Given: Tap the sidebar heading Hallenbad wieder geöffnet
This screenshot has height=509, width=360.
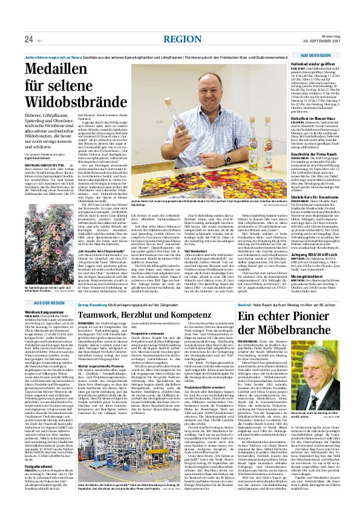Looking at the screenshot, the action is [321, 62].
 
